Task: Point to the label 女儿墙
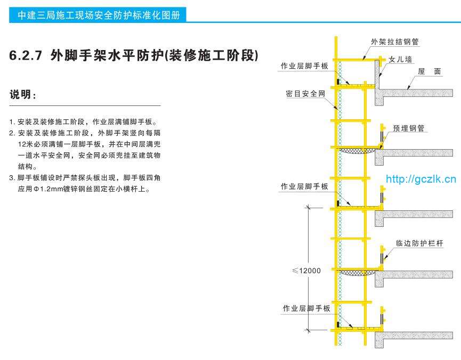click(x=401, y=60)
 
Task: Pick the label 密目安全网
click(x=305, y=94)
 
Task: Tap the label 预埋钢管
click(x=409, y=128)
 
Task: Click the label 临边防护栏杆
click(x=419, y=243)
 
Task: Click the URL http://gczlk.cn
click(x=420, y=178)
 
